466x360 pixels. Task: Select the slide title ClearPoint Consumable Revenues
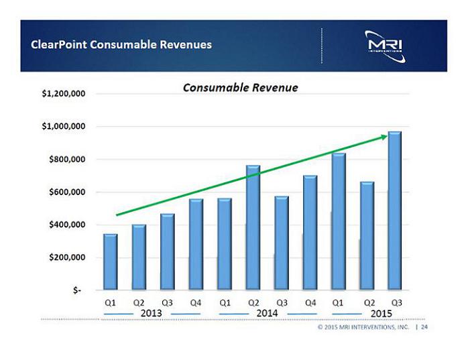click(x=121, y=45)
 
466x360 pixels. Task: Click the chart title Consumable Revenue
click(x=241, y=88)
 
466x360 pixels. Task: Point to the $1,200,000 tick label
click(x=64, y=94)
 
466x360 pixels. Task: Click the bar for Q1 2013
click(x=111, y=261)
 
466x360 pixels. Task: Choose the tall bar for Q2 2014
click(x=253, y=228)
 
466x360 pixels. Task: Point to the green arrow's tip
click(x=388, y=136)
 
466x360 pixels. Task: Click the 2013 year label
click(x=152, y=314)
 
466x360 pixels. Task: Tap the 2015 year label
click(x=381, y=314)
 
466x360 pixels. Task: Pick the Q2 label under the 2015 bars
click(x=367, y=302)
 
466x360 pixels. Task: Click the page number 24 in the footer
click(x=424, y=328)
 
